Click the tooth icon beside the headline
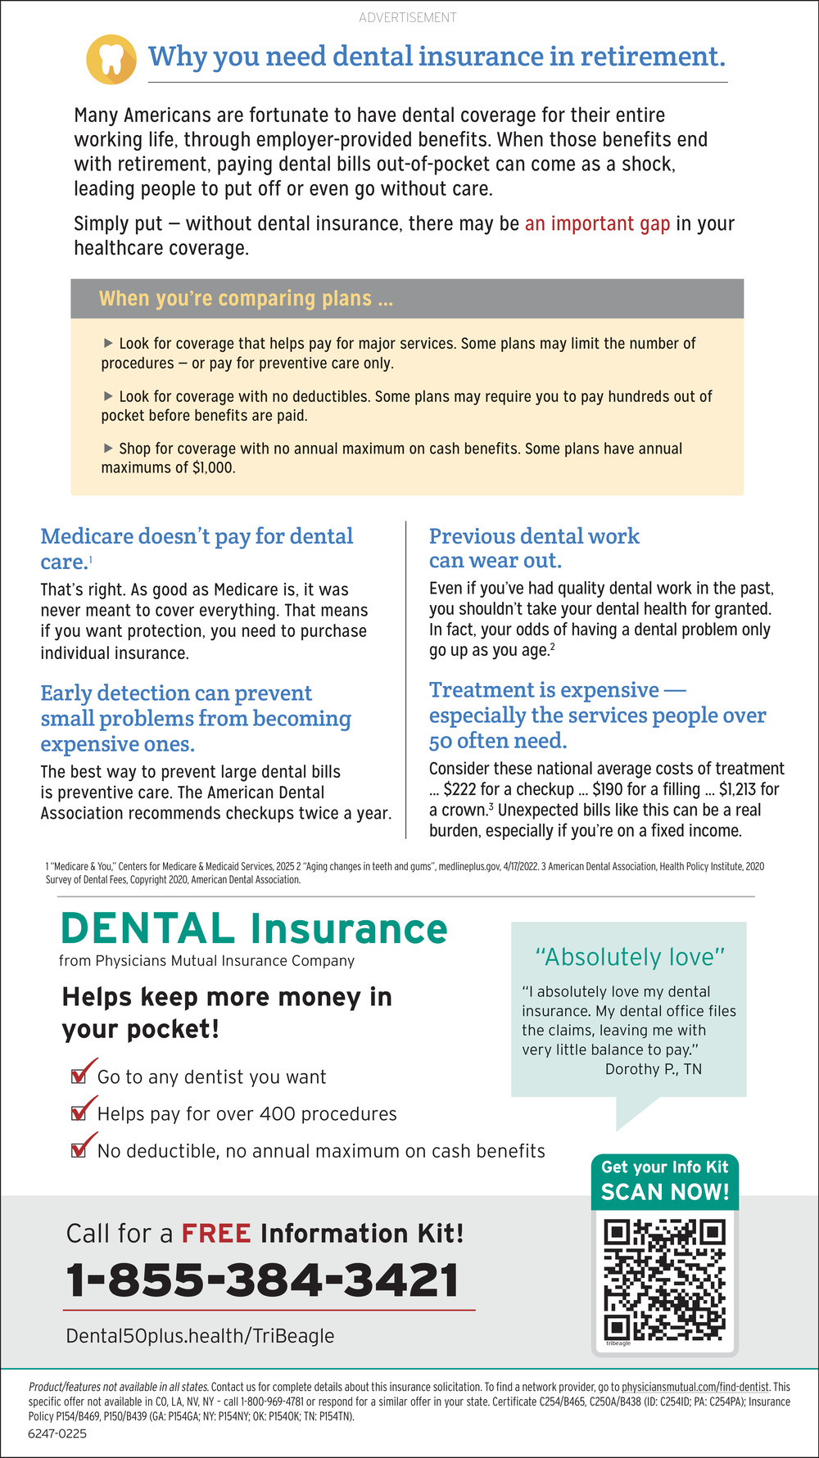(x=111, y=59)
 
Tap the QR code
(x=665, y=1280)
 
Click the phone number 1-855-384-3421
(x=262, y=1280)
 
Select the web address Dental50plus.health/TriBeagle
(x=200, y=1336)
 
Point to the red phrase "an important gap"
(x=597, y=223)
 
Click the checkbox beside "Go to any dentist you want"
(x=79, y=1076)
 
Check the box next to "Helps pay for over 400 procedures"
(x=79, y=1113)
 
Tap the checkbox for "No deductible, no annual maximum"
(x=79, y=1149)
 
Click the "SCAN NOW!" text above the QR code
(x=665, y=1192)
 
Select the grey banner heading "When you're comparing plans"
(x=246, y=298)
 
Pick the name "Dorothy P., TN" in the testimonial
(x=653, y=1069)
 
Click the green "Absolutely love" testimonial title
(x=630, y=957)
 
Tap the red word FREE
(x=216, y=1233)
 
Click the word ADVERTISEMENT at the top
(x=408, y=17)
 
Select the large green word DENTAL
(x=147, y=929)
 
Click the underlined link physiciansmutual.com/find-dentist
(x=695, y=1387)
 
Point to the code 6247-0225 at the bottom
(x=57, y=1434)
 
